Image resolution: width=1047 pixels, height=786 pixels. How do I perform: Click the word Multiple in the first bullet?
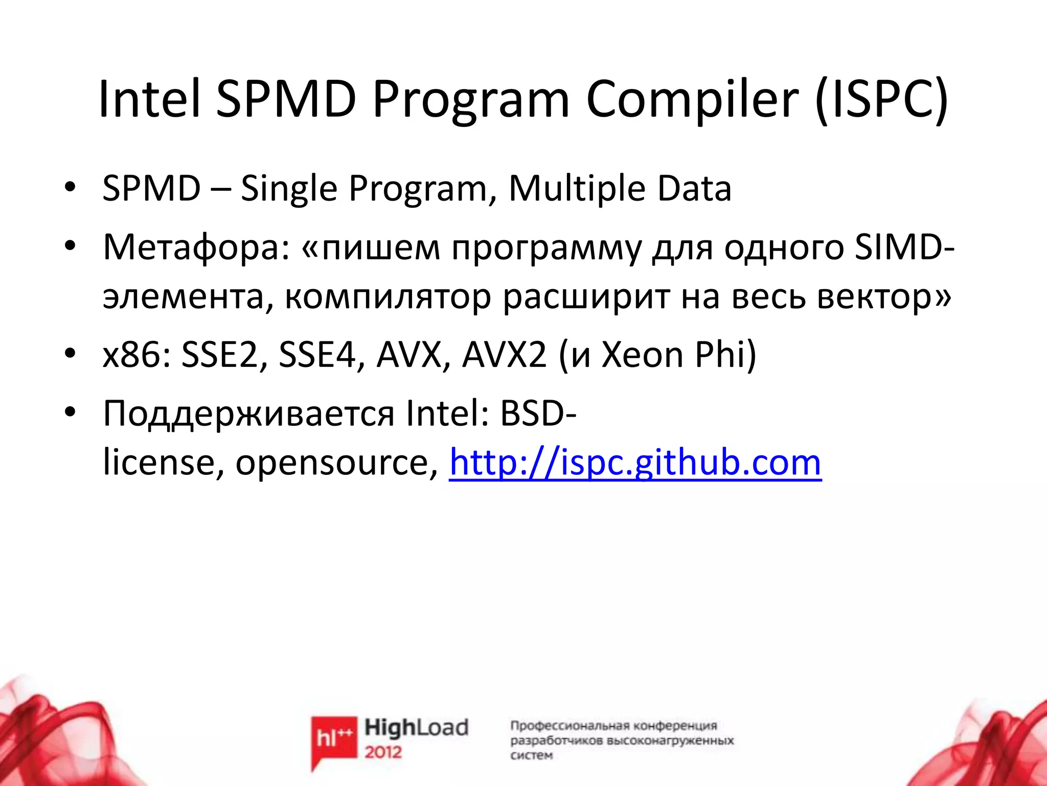577,188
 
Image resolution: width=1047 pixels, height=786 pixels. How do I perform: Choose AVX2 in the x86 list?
504,355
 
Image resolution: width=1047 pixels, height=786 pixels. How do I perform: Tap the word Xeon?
642,355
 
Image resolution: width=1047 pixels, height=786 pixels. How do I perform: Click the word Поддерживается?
248,413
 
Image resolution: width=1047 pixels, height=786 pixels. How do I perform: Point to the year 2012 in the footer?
383,752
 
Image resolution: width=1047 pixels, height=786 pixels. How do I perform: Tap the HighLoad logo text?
416,727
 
